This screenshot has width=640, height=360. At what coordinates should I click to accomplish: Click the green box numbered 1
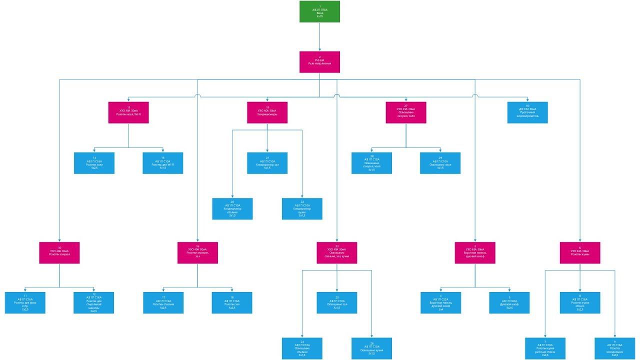pos(319,11)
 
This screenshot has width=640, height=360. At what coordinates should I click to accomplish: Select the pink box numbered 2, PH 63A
pos(319,61)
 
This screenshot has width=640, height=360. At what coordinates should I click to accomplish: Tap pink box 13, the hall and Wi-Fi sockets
pos(128,112)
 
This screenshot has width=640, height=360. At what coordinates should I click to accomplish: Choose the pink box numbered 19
pos(267,112)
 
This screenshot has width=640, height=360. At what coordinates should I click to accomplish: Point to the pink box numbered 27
pos(405,112)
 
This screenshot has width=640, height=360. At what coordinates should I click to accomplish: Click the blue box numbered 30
pos(527,112)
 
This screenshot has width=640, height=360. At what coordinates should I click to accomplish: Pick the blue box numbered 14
pos(94,163)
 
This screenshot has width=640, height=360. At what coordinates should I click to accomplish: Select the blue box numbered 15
pos(162,163)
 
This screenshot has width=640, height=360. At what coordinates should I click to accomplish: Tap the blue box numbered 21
pos(267,163)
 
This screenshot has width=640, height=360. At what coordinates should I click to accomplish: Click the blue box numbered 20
pos(232,208)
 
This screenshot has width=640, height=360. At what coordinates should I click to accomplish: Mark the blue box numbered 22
pos(302,208)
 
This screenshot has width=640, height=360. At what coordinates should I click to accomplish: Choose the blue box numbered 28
pos(371,163)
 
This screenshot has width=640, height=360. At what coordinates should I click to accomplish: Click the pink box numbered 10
pos(59,252)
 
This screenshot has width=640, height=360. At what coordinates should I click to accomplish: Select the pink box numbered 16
pos(197,252)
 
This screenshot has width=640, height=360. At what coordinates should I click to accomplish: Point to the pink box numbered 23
pos(336,252)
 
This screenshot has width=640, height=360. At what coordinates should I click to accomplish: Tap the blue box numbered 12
pos(94,303)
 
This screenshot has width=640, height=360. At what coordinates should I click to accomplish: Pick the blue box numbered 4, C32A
pos(441,303)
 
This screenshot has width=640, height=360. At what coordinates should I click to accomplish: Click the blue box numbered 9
pos(614,348)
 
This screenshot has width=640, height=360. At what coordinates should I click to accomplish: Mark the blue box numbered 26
pos(371,348)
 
